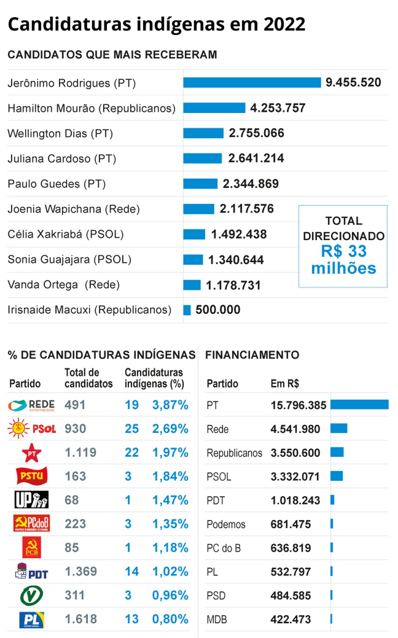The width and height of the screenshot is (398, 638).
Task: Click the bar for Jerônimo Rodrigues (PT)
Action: [x=252, y=82]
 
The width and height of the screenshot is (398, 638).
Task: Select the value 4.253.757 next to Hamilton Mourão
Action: [x=277, y=108]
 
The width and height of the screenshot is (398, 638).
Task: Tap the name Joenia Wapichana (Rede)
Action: [x=74, y=209]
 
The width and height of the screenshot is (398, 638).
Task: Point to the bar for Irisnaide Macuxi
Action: [x=187, y=310]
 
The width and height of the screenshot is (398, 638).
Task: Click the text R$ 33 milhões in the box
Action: [x=343, y=260]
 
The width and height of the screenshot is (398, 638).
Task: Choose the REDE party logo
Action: [x=31, y=405]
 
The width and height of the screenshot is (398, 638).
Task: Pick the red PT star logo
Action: [x=32, y=452]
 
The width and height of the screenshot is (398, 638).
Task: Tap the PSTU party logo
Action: [x=32, y=476]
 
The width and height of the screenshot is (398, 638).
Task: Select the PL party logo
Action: [x=32, y=619]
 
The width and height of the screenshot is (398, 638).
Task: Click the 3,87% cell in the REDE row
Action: [x=170, y=405]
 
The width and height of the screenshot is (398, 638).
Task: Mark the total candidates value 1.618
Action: [x=81, y=619]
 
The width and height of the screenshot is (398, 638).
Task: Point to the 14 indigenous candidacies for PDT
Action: [x=131, y=572]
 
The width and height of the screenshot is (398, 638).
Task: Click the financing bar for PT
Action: [x=359, y=405]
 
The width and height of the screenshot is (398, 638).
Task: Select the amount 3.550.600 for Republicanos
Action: [x=295, y=453]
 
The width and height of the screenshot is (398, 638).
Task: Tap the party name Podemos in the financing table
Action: [x=226, y=524]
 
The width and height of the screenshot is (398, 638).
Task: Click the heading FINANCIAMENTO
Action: [x=252, y=355]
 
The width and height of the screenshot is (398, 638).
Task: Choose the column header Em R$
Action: [x=284, y=384]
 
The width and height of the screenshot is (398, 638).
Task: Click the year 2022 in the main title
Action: [x=284, y=24]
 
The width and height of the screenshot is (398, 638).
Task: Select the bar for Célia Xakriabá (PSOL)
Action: [x=194, y=234]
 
